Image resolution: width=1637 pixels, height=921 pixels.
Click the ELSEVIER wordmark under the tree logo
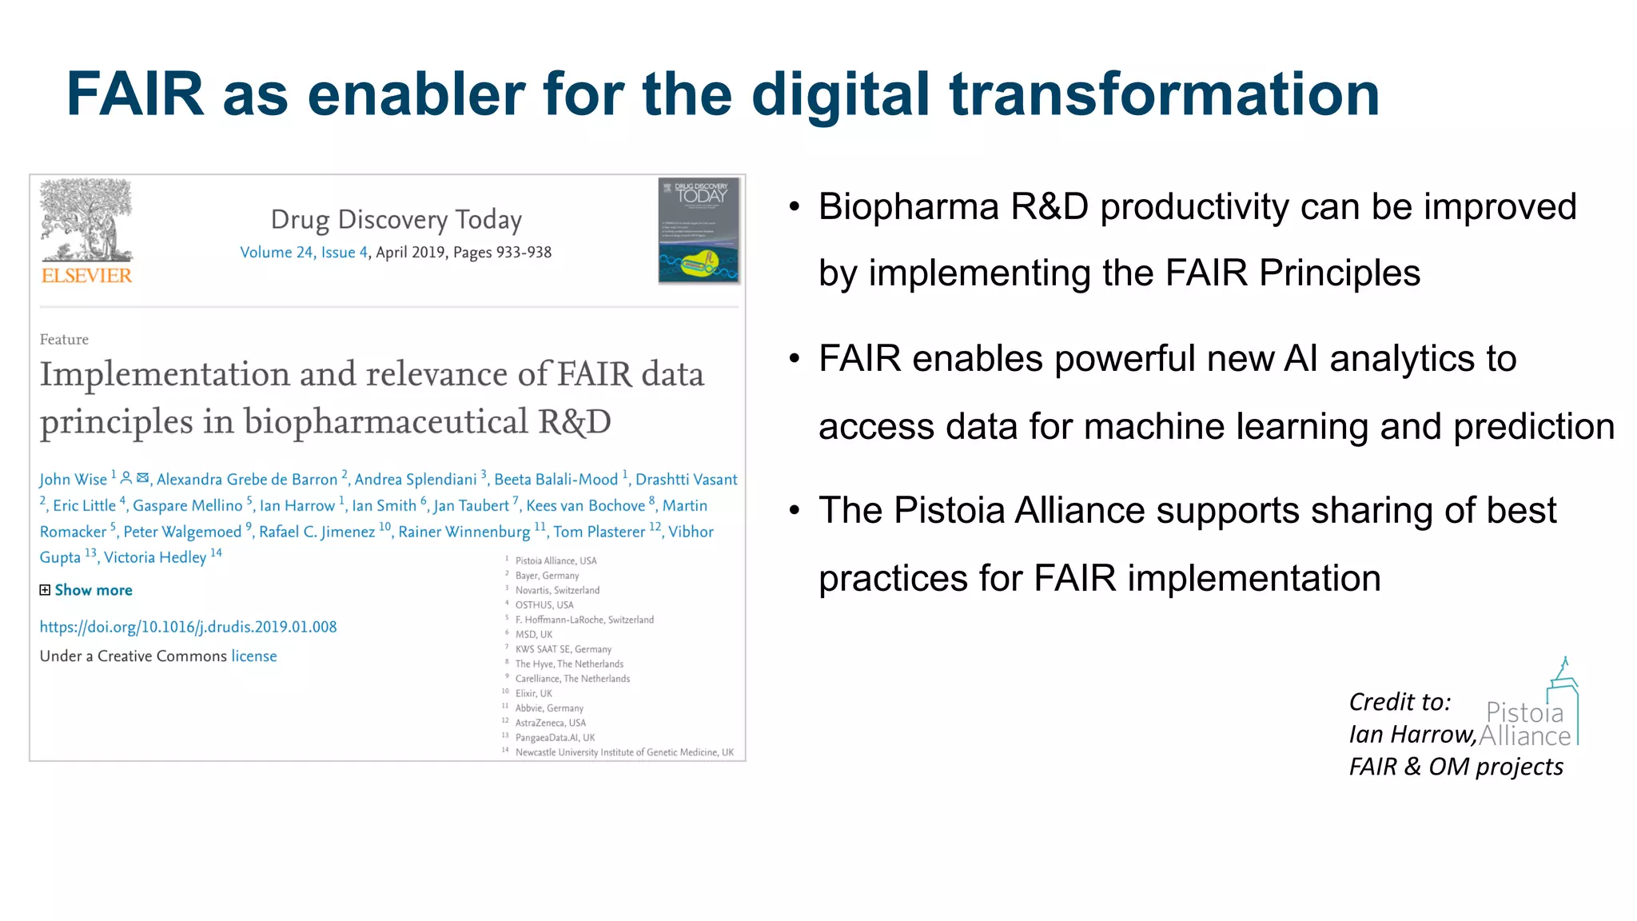coord(86,276)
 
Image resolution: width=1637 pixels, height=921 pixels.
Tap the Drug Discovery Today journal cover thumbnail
coord(699,231)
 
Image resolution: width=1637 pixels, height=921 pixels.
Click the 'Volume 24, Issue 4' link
coord(304,253)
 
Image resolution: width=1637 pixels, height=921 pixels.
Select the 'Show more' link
coord(93,590)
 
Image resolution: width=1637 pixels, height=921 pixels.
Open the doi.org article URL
coord(188,627)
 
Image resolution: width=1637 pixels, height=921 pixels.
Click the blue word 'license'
coord(254,656)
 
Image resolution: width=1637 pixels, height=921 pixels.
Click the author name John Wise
coord(73,480)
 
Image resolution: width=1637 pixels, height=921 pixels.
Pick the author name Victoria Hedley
coord(155,557)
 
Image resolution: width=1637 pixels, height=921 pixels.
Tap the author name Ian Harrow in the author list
coord(297,506)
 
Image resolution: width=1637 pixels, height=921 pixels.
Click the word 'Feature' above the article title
coord(64,340)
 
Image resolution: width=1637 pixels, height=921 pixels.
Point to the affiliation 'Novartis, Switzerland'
coord(557,591)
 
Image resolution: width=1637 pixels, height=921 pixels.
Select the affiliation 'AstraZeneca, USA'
coord(550,723)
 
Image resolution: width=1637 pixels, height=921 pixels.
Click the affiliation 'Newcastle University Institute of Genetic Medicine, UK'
coord(623,752)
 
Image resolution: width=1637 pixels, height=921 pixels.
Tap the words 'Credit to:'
coord(1399,702)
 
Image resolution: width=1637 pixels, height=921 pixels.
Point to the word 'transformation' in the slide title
coord(1164,94)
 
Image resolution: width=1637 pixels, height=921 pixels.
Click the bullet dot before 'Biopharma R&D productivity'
coord(794,207)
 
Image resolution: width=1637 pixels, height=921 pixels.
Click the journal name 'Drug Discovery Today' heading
coord(396,219)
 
